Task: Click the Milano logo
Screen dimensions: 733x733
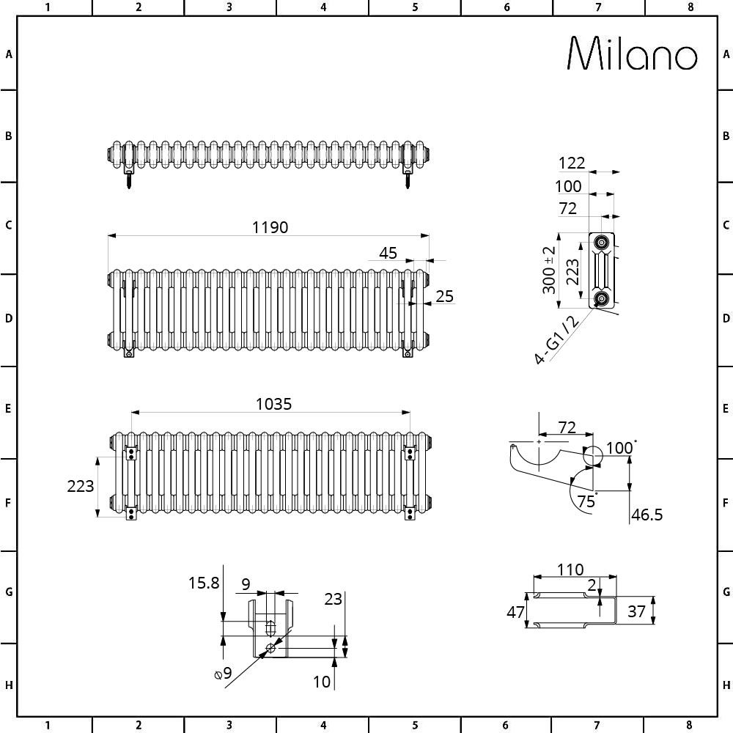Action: point(633,54)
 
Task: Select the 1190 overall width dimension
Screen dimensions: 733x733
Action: point(270,227)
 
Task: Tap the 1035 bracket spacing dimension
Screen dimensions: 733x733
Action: point(273,403)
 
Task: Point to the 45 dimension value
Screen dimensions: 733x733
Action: point(388,253)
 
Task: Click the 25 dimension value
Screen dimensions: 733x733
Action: point(444,296)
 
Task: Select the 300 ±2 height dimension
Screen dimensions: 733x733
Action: point(549,270)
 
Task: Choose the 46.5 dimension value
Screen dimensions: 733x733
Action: point(647,515)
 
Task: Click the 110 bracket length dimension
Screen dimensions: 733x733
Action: point(570,569)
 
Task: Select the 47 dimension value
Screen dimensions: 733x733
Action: point(515,611)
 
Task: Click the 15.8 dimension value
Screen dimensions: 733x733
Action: point(203,583)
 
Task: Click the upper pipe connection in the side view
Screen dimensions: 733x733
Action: point(602,243)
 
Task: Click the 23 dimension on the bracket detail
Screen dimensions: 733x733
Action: point(333,599)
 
